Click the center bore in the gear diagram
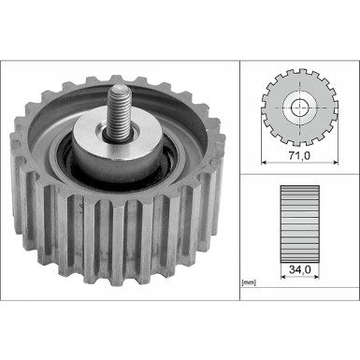(x=298, y=108)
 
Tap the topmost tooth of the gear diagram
(x=298, y=70)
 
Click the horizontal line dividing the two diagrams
(x=298, y=175)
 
